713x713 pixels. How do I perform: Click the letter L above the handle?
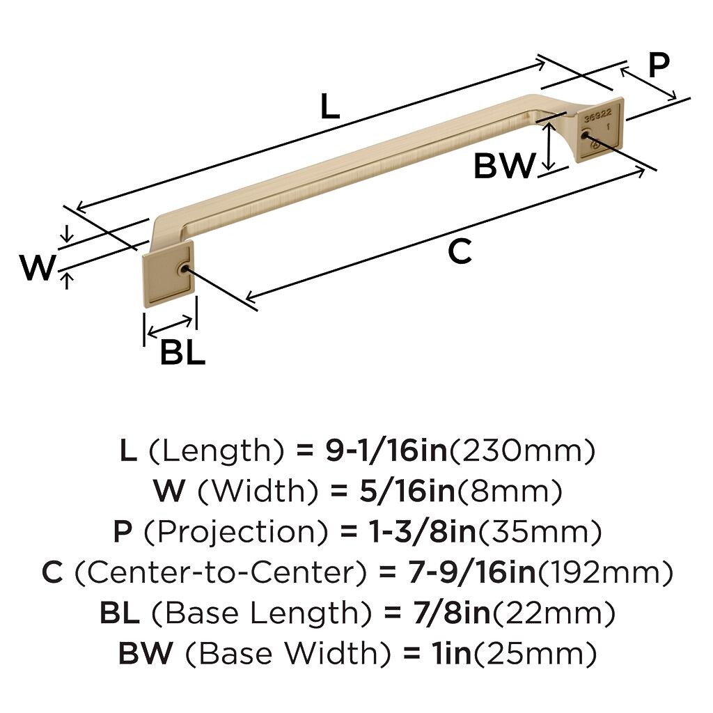pos(329,106)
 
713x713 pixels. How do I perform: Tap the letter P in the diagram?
pos(659,65)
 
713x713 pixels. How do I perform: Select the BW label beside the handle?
pos(504,166)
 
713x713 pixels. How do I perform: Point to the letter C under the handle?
pos(460,251)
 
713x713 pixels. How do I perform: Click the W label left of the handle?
pos(38,267)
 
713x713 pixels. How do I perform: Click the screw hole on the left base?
pos(183,269)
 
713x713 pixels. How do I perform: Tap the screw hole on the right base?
pos(585,135)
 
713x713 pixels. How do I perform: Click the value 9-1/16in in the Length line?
pos(386,450)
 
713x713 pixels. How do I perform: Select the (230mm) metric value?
pos(522,450)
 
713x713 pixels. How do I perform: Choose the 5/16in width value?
pos(407,491)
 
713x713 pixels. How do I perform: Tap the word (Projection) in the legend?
pos(235,531)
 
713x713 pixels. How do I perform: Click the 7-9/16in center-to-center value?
pos(472,572)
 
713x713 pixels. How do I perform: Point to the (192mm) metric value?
pos(605,572)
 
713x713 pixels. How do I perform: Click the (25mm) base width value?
pos(535,653)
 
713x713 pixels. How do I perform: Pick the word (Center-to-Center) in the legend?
pos(220,572)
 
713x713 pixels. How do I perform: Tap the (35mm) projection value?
pos(539,531)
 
